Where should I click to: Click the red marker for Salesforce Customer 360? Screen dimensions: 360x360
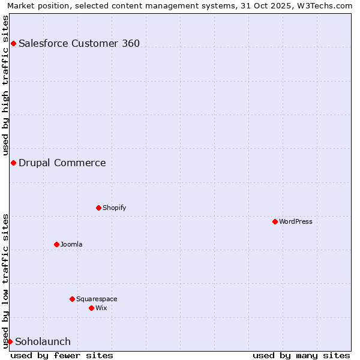click(13, 43)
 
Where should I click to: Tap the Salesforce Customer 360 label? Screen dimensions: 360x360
click(79, 43)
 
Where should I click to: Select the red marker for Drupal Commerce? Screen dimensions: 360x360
click(13, 163)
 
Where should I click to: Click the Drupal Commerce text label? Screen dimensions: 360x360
click(62, 163)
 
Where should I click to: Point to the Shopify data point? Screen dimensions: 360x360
click(98, 208)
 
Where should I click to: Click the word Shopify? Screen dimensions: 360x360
click(114, 208)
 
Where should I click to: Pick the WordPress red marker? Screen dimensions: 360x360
click(275, 221)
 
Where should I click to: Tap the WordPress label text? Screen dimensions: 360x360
click(295, 221)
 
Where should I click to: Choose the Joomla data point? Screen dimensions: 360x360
click(56, 244)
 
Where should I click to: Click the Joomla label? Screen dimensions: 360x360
click(71, 244)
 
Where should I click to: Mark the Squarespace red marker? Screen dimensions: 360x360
click(72, 299)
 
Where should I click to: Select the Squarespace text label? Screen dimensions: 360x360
click(97, 299)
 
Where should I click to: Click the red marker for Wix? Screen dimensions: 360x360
click(91, 308)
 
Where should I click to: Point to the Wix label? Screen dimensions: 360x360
click(101, 308)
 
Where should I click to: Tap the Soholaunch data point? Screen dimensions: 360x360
click(10, 341)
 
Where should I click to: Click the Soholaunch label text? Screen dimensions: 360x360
click(43, 341)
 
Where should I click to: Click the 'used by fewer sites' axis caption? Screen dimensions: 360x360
click(62, 355)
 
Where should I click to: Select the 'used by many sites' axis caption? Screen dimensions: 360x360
click(301, 355)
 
